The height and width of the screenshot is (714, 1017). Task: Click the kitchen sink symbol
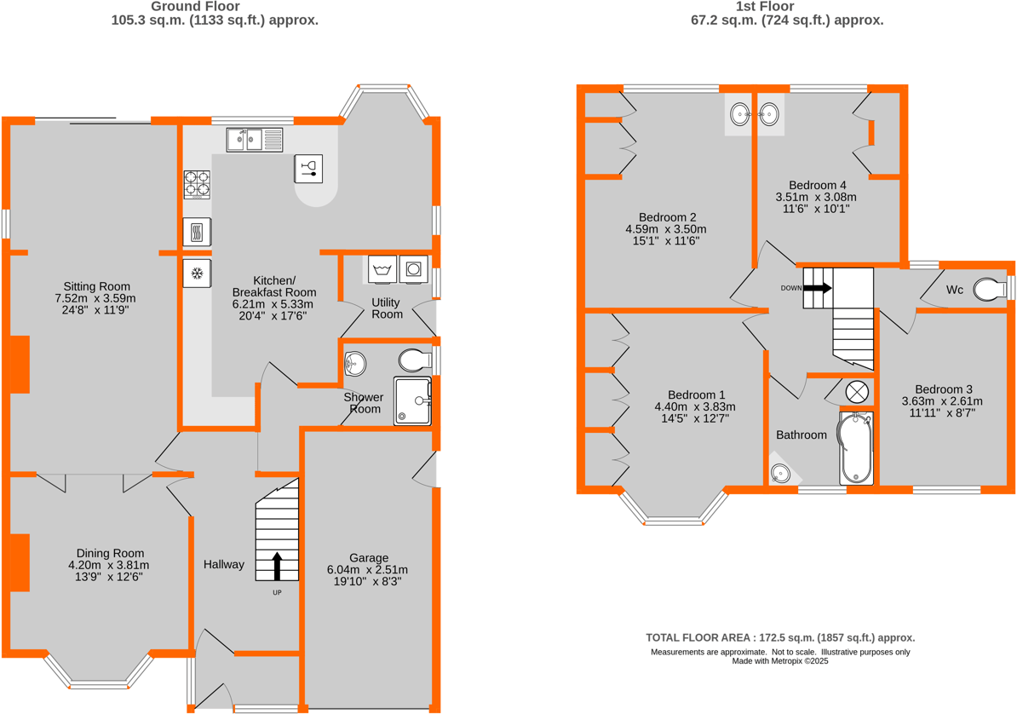click(255, 139)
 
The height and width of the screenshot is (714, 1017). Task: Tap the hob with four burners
click(197, 184)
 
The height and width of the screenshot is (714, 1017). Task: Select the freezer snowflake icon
click(197, 274)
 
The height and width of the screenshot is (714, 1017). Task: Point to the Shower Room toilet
click(414, 360)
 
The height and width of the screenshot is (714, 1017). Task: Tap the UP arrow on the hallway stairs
click(278, 566)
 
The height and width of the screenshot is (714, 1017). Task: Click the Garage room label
click(367, 558)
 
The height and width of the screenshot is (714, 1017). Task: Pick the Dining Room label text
click(110, 553)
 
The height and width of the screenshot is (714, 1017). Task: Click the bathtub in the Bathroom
click(856, 448)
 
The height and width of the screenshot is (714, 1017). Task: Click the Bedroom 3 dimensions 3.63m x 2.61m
click(942, 401)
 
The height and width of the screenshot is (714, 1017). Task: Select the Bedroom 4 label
click(818, 185)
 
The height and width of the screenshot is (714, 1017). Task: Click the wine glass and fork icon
click(309, 168)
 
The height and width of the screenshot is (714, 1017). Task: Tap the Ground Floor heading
click(215, 6)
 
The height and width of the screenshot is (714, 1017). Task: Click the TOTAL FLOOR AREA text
click(780, 637)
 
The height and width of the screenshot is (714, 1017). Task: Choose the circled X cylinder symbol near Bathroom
click(857, 392)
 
